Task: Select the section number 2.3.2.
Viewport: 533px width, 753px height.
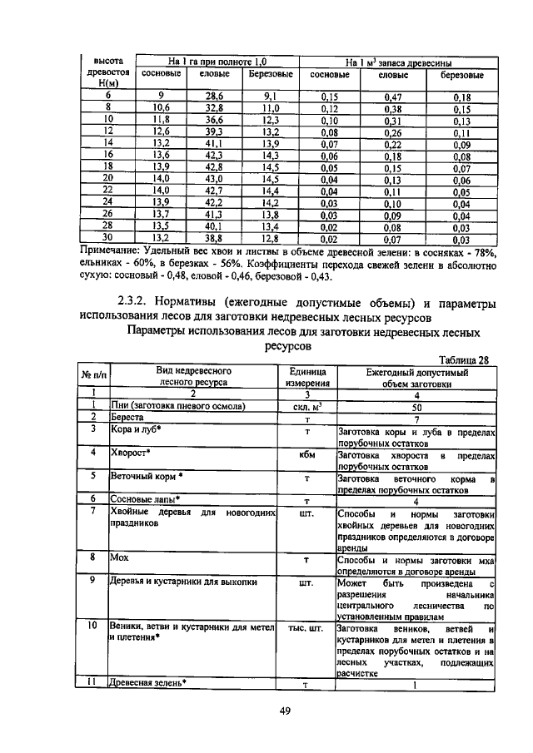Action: pos(134,300)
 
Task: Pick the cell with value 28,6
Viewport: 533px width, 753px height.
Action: pos(215,97)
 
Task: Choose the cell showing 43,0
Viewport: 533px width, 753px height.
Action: pos(215,178)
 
